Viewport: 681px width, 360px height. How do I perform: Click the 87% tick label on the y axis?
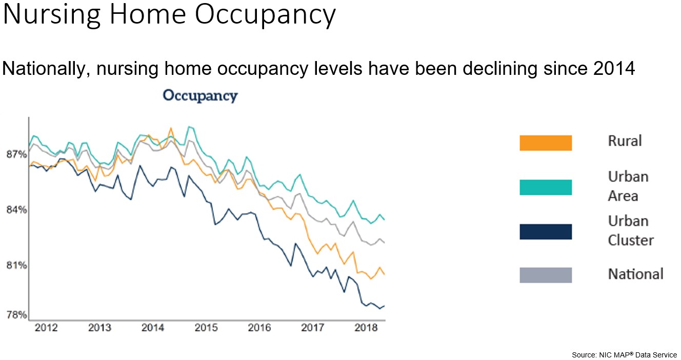click(x=16, y=154)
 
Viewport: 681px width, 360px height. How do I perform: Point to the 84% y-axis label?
click(x=16, y=210)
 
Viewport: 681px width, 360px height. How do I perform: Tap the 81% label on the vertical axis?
click(x=16, y=266)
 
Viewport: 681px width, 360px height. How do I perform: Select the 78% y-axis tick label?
click(x=16, y=315)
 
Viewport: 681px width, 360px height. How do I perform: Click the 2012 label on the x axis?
click(x=46, y=328)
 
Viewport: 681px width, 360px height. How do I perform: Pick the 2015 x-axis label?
click(x=206, y=328)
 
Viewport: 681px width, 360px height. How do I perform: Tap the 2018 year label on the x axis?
click(x=366, y=328)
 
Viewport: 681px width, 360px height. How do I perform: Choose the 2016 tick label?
click(x=259, y=328)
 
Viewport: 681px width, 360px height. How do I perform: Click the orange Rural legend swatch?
click(x=546, y=143)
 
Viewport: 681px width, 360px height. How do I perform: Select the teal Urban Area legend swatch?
click(x=546, y=187)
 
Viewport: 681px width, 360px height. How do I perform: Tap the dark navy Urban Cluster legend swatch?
click(x=546, y=232)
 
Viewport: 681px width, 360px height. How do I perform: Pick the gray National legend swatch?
click(x=546, y=275)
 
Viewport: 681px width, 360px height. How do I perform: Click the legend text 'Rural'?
click(x=625, y=141)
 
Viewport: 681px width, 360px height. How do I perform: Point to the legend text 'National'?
click(x=636, y=274)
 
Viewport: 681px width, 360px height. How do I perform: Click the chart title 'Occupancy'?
click(x=200, y=96)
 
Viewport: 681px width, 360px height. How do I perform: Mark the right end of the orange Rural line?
click(x=385, y=274)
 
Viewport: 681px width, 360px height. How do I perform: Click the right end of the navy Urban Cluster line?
click(x=385, y=306)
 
